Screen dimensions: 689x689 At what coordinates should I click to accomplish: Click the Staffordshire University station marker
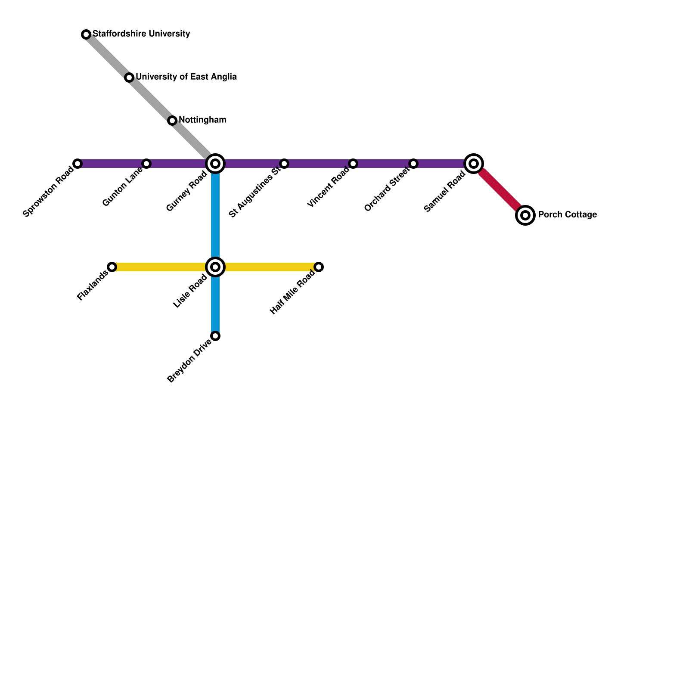click(86, 34)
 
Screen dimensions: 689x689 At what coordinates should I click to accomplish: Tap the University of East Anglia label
click(186, 77)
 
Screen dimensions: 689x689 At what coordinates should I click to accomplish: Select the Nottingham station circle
click(172, 121)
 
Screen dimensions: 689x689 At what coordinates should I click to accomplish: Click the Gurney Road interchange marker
click(215, 164)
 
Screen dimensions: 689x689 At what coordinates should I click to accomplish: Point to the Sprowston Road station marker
click(78, 164)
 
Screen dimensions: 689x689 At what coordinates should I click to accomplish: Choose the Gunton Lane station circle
click(146, 164)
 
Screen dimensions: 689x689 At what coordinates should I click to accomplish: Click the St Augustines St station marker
click(284, 164)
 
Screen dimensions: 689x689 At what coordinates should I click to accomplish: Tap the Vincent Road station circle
click(353, 164)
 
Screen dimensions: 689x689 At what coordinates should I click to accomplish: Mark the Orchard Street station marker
click(413, 164)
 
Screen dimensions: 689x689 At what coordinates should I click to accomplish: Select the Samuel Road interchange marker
click(474, 164)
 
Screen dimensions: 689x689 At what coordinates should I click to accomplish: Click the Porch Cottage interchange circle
click(525, 215)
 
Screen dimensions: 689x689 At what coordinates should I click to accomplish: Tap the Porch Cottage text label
click(567, 214)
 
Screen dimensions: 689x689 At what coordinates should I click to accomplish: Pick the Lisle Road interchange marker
click(215, 267)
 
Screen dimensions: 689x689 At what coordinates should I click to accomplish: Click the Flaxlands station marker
click(112, 267)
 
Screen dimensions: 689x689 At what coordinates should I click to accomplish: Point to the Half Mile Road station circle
click(319, 267)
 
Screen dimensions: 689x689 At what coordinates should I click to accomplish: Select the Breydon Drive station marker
click(215, 336)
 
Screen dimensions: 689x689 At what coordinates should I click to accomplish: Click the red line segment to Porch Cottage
click(500, 189)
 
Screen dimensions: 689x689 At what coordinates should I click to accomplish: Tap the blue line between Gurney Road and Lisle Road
click(215, 215)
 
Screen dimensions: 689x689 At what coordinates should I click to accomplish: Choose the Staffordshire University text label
click(141, 34)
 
